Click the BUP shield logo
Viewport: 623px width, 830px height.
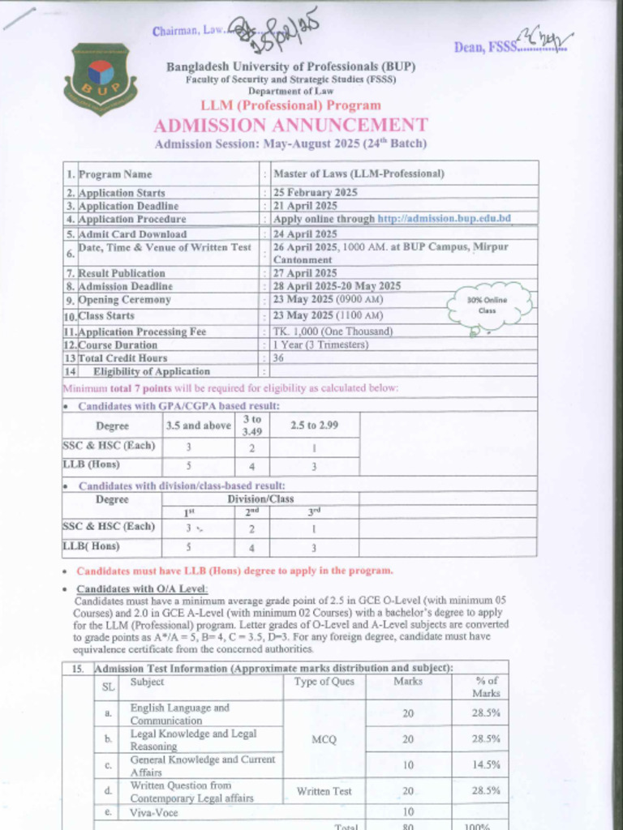click(101, 79)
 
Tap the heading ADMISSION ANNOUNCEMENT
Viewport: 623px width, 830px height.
click(290, 125)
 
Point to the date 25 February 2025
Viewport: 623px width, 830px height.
click(315, 193)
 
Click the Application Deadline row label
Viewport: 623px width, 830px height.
click(128, 206)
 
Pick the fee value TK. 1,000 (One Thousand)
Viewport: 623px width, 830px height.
click(333, 332)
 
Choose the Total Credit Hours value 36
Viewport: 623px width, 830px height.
click(278, 357)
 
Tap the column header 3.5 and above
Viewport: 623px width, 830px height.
click(198, 426)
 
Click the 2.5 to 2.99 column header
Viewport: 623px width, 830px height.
click(314, 426)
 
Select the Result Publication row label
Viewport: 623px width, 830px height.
click(122, 273)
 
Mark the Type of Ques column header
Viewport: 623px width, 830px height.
click(324, 682)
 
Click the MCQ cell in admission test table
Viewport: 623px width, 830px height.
click(324, 739)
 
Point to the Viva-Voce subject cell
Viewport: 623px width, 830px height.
click(154, 811)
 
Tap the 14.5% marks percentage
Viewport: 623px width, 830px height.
click(487, 764)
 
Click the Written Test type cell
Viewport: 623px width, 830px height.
click(324, 791)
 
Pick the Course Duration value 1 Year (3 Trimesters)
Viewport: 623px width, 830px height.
click(320, 344)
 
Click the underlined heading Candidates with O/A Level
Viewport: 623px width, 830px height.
click(142, 588)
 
